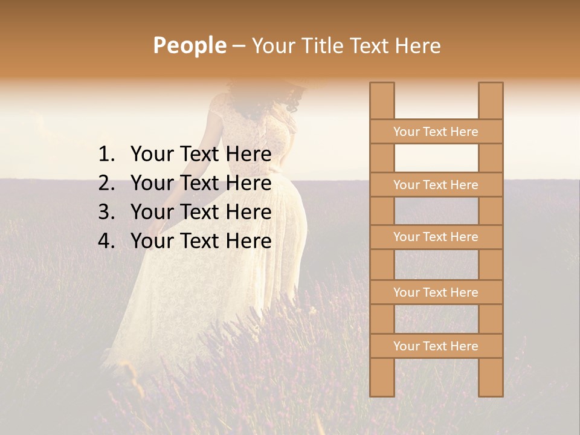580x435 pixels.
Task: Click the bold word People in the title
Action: [190, 45]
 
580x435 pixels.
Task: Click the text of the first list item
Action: [201, 155]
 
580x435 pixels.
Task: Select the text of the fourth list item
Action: [201, 241]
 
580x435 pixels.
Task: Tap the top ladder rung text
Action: [436, 132]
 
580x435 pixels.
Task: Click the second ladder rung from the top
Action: [436, 185]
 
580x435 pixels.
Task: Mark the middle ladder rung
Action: [436, 237]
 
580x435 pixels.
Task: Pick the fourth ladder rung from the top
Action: [436, 292]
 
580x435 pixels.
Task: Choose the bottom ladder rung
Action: [436, 346]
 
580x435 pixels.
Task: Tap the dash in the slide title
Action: [239, 46]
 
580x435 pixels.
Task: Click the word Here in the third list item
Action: [248, 212]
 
